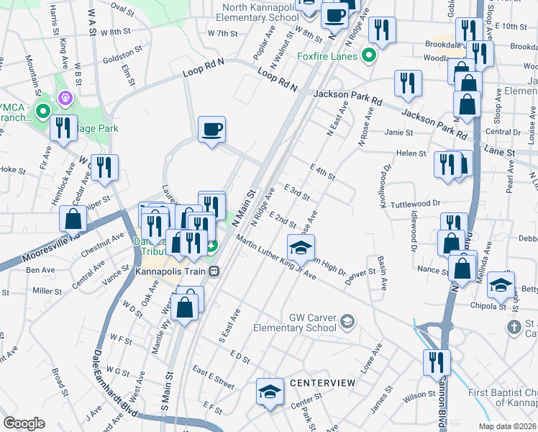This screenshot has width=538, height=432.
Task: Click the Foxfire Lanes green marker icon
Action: coord(370,55)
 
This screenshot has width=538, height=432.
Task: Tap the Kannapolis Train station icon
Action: coord(214,271)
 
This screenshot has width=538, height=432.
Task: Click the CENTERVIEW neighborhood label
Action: coord(322,383)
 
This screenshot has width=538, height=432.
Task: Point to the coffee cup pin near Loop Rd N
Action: coord(211,130)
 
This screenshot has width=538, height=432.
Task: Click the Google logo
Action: coord(24,423)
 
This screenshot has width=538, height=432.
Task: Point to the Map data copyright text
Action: coord(507,426)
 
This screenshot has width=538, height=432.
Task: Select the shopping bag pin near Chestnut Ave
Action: coord(73,218)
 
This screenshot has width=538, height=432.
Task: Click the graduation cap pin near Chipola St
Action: coord(501,285)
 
